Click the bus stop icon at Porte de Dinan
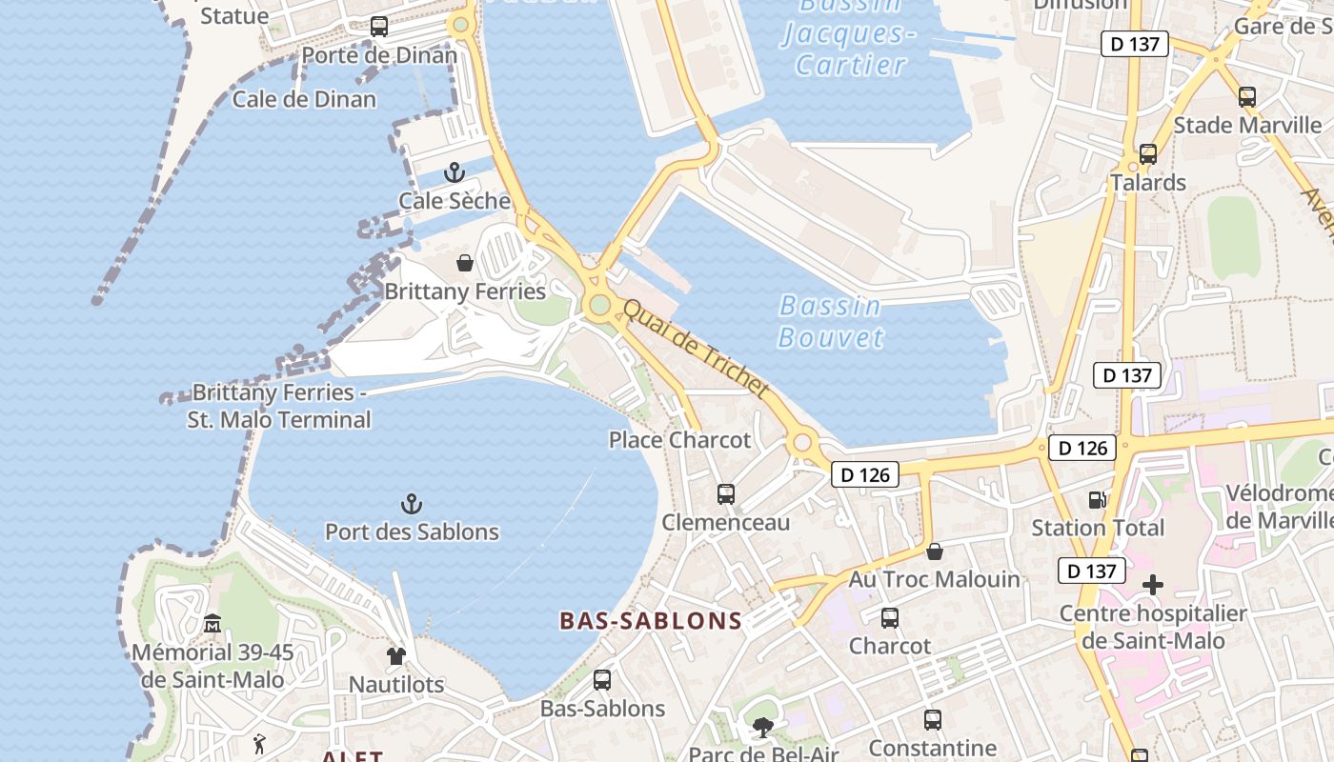(379, 27)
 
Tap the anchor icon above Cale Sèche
(455, 172)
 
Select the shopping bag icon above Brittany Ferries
(465, 263)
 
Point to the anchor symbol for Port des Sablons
(412, 503)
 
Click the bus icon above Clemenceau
(726, 494)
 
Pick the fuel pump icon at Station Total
(1098, 499)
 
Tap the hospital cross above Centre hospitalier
(1153, 584)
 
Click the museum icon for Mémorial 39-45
(212, 624)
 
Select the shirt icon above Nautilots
(396, 655)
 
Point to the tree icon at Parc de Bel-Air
(762, 729)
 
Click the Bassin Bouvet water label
(831, 321)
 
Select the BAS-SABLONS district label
(651, 621)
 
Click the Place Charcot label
(679, 440)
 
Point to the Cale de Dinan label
(304, 99)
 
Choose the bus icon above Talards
(1148, 153)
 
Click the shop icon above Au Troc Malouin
(935, 551)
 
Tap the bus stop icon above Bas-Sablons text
(602, 680)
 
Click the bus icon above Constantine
(933, 720)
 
